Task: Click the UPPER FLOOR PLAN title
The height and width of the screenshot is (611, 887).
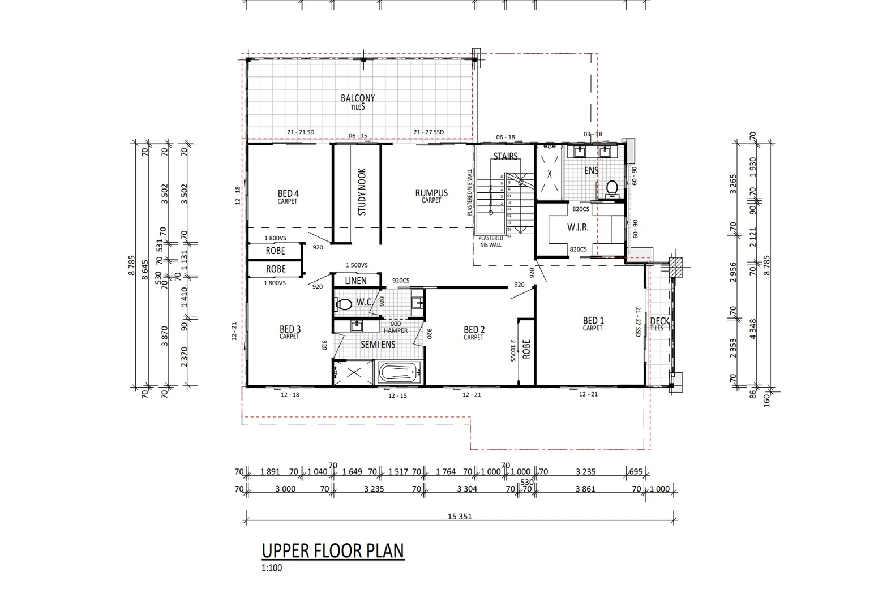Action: click(x=333, y=550)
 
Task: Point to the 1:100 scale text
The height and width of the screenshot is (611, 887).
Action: click(x=271, y=568)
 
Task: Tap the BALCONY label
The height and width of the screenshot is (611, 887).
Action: click(x=357, y=98)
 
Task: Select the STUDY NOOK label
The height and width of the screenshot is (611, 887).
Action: click(x=362, y=192)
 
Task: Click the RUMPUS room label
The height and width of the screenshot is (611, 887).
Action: click(x=431, y=193)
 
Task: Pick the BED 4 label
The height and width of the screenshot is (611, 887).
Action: click(x=288, y=194)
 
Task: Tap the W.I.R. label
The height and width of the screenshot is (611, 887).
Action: click(x=577, y=227)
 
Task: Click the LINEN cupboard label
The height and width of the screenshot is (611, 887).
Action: click(x=355, y=281)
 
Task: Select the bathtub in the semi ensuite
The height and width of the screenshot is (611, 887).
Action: click(x=400, y=372)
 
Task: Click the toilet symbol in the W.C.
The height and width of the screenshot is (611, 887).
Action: click(x=344, y=304)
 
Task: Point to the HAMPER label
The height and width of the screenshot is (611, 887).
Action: click(x=395, y=330)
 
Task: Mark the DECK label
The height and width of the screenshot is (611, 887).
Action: click(x=659, y=321)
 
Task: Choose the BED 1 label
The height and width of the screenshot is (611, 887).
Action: click(x=593, y=321)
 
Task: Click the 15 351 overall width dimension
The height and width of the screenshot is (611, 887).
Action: click(x=460, y=516)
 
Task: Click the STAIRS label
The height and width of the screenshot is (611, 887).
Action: click(x=505, y=156)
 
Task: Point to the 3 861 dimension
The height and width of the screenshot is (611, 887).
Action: click(x=585, y=489)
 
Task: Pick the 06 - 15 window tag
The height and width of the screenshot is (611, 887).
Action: click(x=358, y=136)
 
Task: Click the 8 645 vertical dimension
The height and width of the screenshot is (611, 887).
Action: click(x=144, y=270)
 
